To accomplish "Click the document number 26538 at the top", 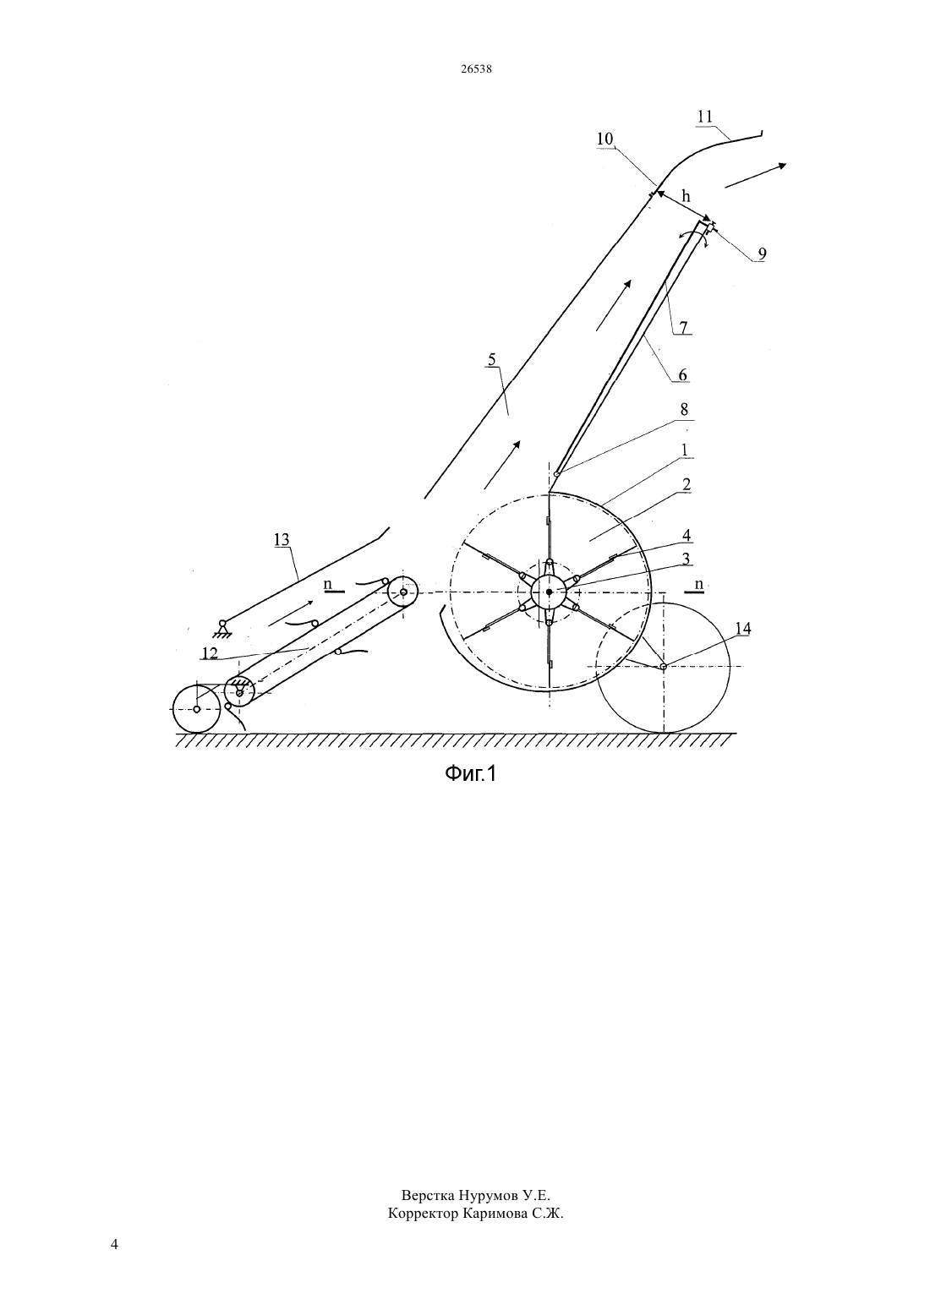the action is coord(476,68).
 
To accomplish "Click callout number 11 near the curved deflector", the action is coord(704,117).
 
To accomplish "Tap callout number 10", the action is coord(604,139).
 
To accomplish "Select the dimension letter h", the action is coord(686,196).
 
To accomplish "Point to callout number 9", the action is coord(762,254).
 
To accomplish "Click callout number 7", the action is coord(683,326).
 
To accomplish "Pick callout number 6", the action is coord(682,374).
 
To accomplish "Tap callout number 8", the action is coord(684,410).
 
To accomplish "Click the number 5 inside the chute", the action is coord(492,359).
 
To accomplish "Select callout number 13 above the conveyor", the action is coord(282,539).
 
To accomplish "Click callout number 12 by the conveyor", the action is coord(210,652).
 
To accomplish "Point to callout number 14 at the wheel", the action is coord(742,629).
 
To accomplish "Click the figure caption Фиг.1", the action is coord(470,774).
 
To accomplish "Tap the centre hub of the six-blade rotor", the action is coord(549,592).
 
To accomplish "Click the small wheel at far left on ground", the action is coord(197,708).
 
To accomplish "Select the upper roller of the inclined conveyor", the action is coord(402,592).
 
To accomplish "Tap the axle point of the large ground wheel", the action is coord(663,666).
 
